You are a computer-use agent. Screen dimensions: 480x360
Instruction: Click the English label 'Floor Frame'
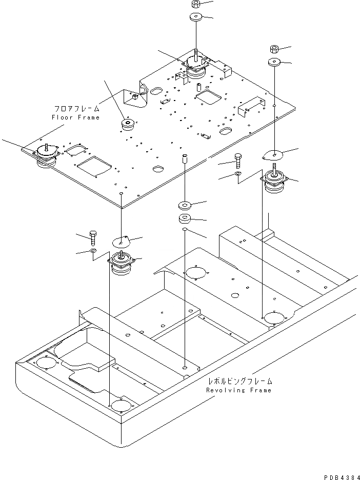tap(75, 117)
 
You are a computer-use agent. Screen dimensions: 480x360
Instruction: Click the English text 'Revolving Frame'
tap(239, 390)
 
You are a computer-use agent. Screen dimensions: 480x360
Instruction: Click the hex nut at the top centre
tap(195, 4)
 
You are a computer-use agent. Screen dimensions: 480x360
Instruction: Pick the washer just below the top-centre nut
tap(195, 18)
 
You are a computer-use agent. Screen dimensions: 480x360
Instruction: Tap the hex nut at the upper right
tap(274, 49)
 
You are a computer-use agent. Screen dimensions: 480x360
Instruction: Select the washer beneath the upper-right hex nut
tap(274, 63)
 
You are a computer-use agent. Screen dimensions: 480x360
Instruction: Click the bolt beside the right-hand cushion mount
tap(237, 161)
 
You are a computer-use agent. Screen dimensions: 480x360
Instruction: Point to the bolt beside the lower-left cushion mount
tap(93, 237)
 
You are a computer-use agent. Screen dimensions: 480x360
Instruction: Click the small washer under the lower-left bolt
tap(93, 251)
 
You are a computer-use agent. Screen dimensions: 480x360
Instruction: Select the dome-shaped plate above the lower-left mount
tap(122, 240)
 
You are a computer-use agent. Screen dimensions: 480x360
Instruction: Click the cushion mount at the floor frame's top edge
tap(195, 67)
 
